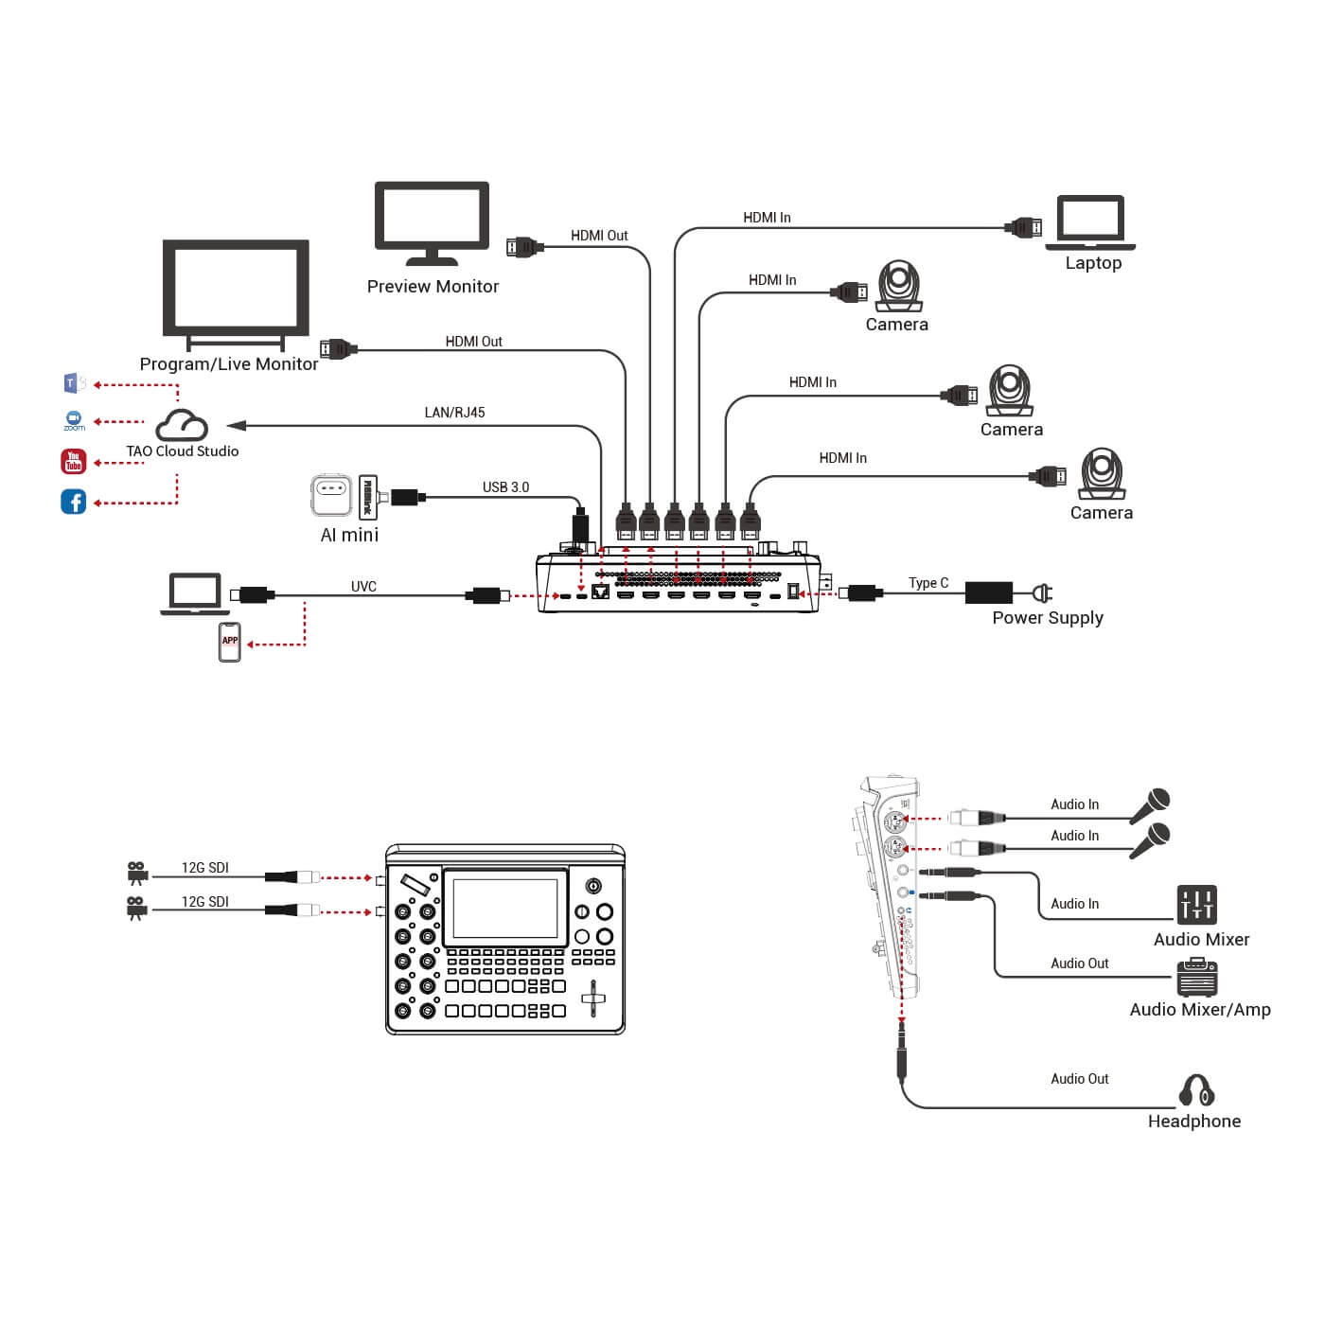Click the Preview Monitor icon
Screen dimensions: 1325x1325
point(432,222)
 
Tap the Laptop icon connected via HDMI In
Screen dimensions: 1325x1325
point(1090,223)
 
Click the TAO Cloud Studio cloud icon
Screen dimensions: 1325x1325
point(181,425)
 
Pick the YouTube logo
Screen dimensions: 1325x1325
point(74,462)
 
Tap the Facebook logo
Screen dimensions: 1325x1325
point(74,502)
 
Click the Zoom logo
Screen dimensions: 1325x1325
point(74,420)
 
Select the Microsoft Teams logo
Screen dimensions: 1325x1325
point(74,383)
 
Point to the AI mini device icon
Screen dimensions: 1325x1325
point(331,496)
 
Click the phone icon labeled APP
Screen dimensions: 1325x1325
point(230,642)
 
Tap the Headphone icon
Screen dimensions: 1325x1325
point(1196,1090)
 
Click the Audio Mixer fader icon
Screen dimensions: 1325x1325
point(1196,905)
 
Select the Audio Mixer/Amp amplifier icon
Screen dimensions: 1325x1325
point(1197,978)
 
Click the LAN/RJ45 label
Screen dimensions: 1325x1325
point(454,413)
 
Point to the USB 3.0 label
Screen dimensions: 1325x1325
point(505,487)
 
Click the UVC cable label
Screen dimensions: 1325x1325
point(363,587)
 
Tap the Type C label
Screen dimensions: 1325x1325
point(927,583)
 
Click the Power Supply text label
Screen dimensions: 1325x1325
point(1047,618)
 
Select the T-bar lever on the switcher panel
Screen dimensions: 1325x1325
point(593,998)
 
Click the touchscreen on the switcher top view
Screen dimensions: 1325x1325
point(505,908)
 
